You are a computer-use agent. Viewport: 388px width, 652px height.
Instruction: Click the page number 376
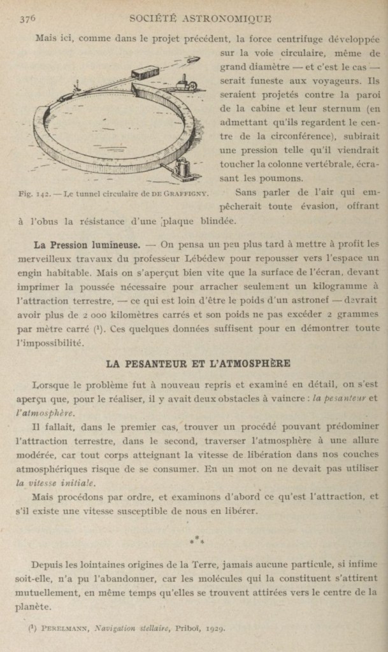pyautogui.click(x=27, y=18)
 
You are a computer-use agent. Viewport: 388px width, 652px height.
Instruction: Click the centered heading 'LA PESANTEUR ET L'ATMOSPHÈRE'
pyautogui.click(x=198, y=364)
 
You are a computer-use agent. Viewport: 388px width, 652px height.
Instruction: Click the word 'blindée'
pyautogui.click(x=215, y=222)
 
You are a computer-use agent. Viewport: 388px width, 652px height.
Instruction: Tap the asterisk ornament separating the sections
pyautogui.click(x=197, y=540)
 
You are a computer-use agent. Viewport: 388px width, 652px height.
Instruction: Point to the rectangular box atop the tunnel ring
pyautogui.click(x=145, y=71)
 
